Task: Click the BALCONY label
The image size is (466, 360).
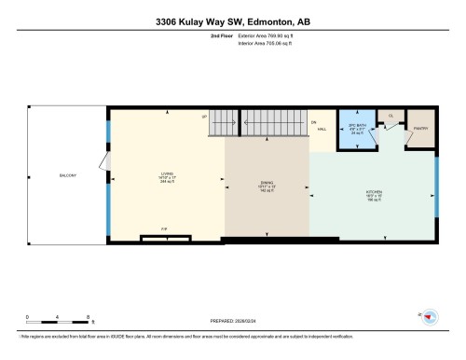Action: coord(66,174)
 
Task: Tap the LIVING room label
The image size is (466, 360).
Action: coord(167,174)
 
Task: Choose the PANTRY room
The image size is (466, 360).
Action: coord(419,130)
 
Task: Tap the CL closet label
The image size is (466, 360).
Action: coord(391,116)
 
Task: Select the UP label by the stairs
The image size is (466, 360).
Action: coord(203,116)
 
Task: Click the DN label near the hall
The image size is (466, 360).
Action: coord(315,122)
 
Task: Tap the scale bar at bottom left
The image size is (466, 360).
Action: coord(57,323)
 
